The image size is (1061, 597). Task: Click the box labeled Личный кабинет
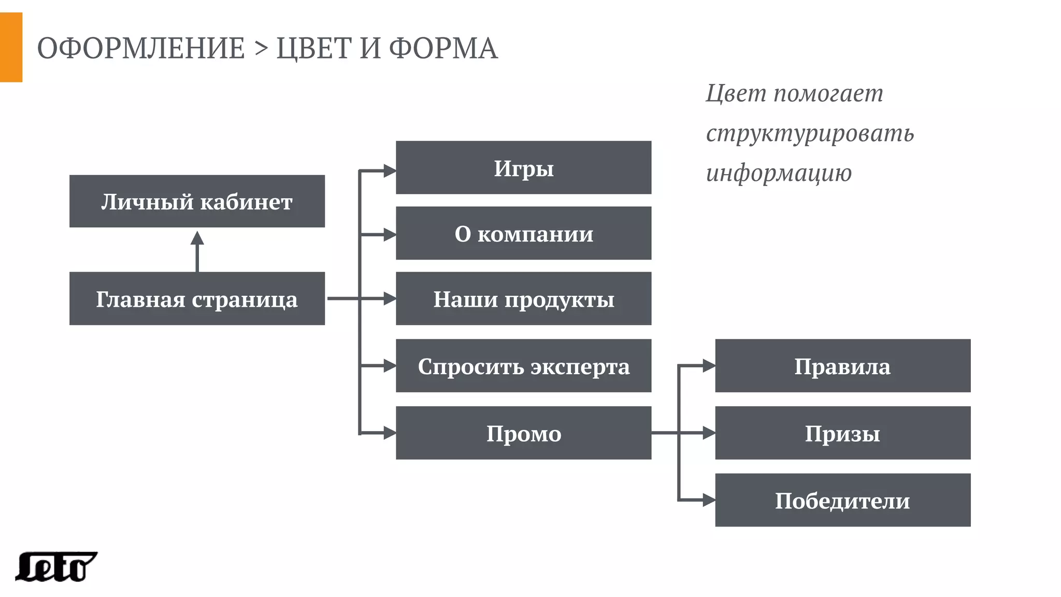coord(197,201)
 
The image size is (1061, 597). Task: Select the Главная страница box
coord(197,298)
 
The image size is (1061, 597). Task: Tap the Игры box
coord(523,167)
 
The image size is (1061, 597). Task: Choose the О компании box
coord(523,233)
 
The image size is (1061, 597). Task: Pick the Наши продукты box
coord(523,298)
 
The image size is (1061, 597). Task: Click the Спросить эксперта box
coord(523,366)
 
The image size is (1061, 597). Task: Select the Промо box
coord(523,433)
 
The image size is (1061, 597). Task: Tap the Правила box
coord(842,366)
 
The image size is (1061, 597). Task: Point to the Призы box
coord(842,433)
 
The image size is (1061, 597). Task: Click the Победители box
coord(842,500)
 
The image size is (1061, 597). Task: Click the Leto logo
coord(56,566)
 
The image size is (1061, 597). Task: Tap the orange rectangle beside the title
coord(11,47)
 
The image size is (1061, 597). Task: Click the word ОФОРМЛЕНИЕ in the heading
coord(141,48)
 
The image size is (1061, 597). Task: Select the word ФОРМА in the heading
coord(443,48)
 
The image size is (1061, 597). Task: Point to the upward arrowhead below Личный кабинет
coord(197,238)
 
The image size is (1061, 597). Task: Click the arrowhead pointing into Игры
coord(390,170)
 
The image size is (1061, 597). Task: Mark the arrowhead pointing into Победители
coord(709,500)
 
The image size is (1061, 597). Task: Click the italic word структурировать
coord(810,133)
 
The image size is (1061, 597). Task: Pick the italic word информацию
coord(779,173)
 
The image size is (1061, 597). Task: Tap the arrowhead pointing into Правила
coord(709,366)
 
